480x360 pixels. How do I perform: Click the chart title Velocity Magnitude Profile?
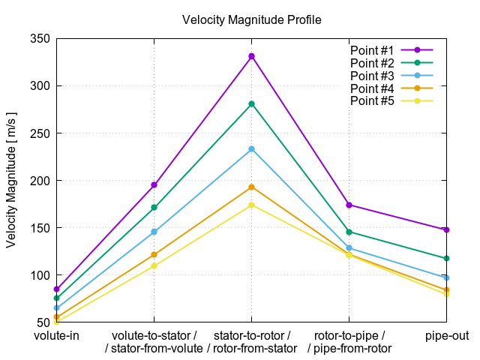tap(252, 19)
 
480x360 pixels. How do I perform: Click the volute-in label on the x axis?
tap(57, 335)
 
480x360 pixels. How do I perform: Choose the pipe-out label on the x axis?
tap(447, 335)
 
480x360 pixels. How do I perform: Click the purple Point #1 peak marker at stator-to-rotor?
tap(252, 56)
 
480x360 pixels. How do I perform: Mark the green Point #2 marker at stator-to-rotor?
tap(252, 103)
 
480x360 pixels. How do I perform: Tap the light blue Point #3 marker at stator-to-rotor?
tap(252, 148)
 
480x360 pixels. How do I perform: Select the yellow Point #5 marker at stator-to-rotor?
tap(252, 205)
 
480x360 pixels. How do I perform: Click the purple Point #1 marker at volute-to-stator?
tap(154, 184)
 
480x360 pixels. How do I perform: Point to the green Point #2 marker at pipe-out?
tap(446, 258)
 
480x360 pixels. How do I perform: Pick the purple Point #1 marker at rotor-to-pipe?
tap(349, 205)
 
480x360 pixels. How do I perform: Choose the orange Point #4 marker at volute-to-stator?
tap(154, 254)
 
